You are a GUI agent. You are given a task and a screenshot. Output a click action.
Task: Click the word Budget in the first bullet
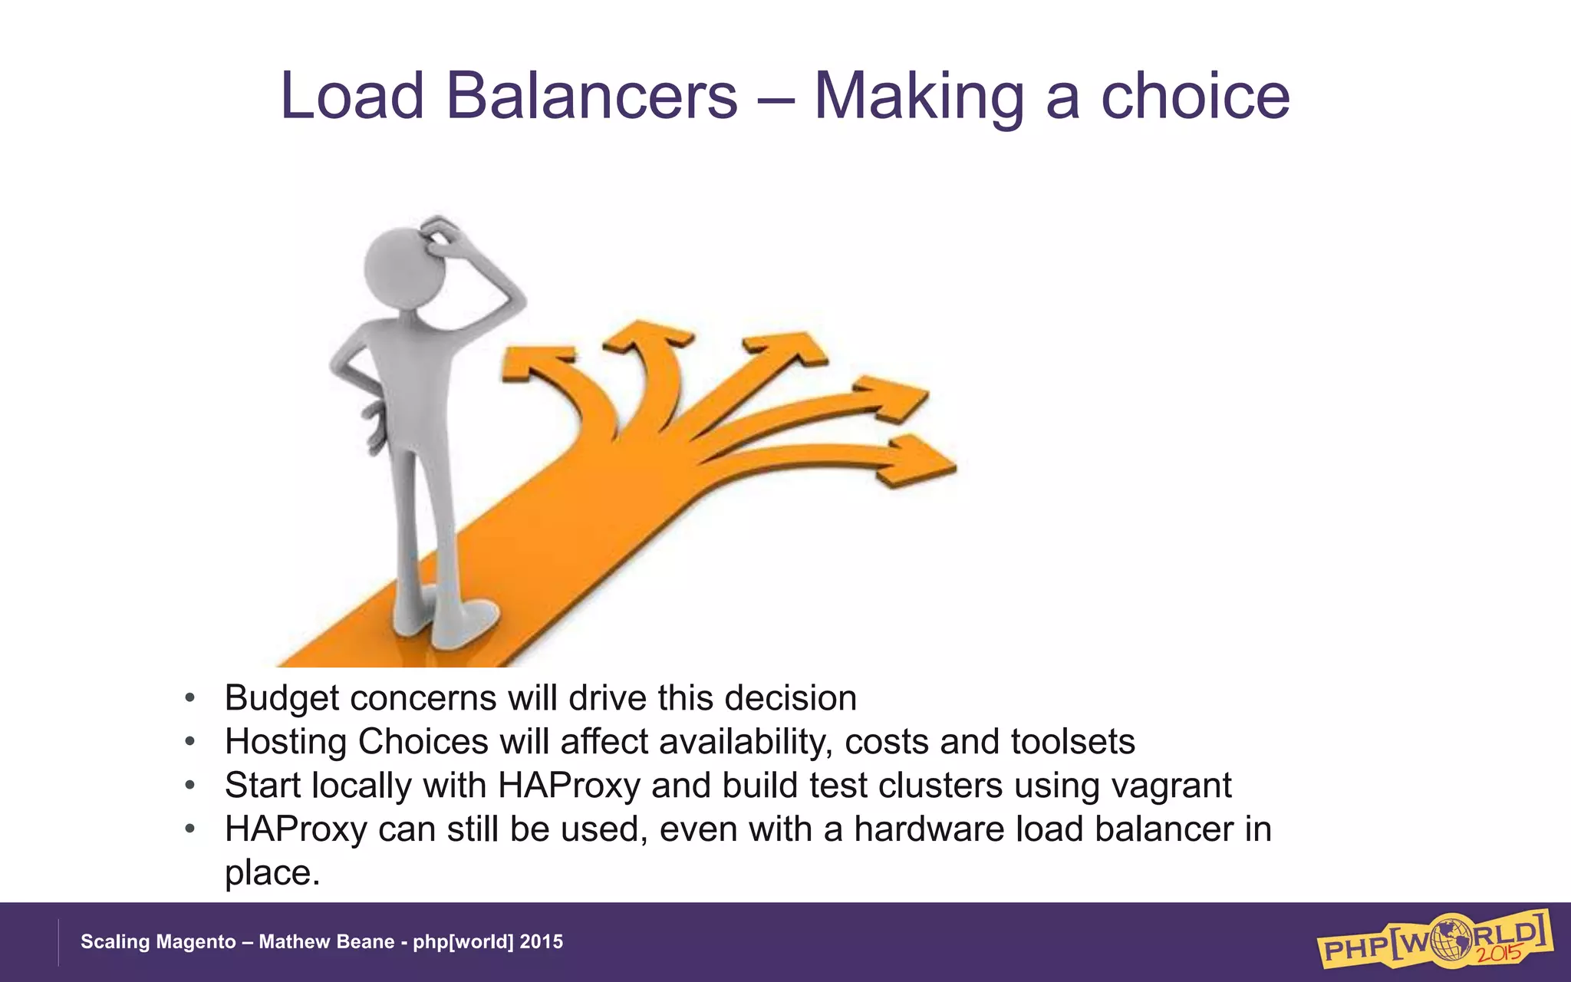pos(282,698)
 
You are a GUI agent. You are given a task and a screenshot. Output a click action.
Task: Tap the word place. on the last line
pos(272,873)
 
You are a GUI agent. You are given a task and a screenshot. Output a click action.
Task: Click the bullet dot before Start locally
pos(189,786)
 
